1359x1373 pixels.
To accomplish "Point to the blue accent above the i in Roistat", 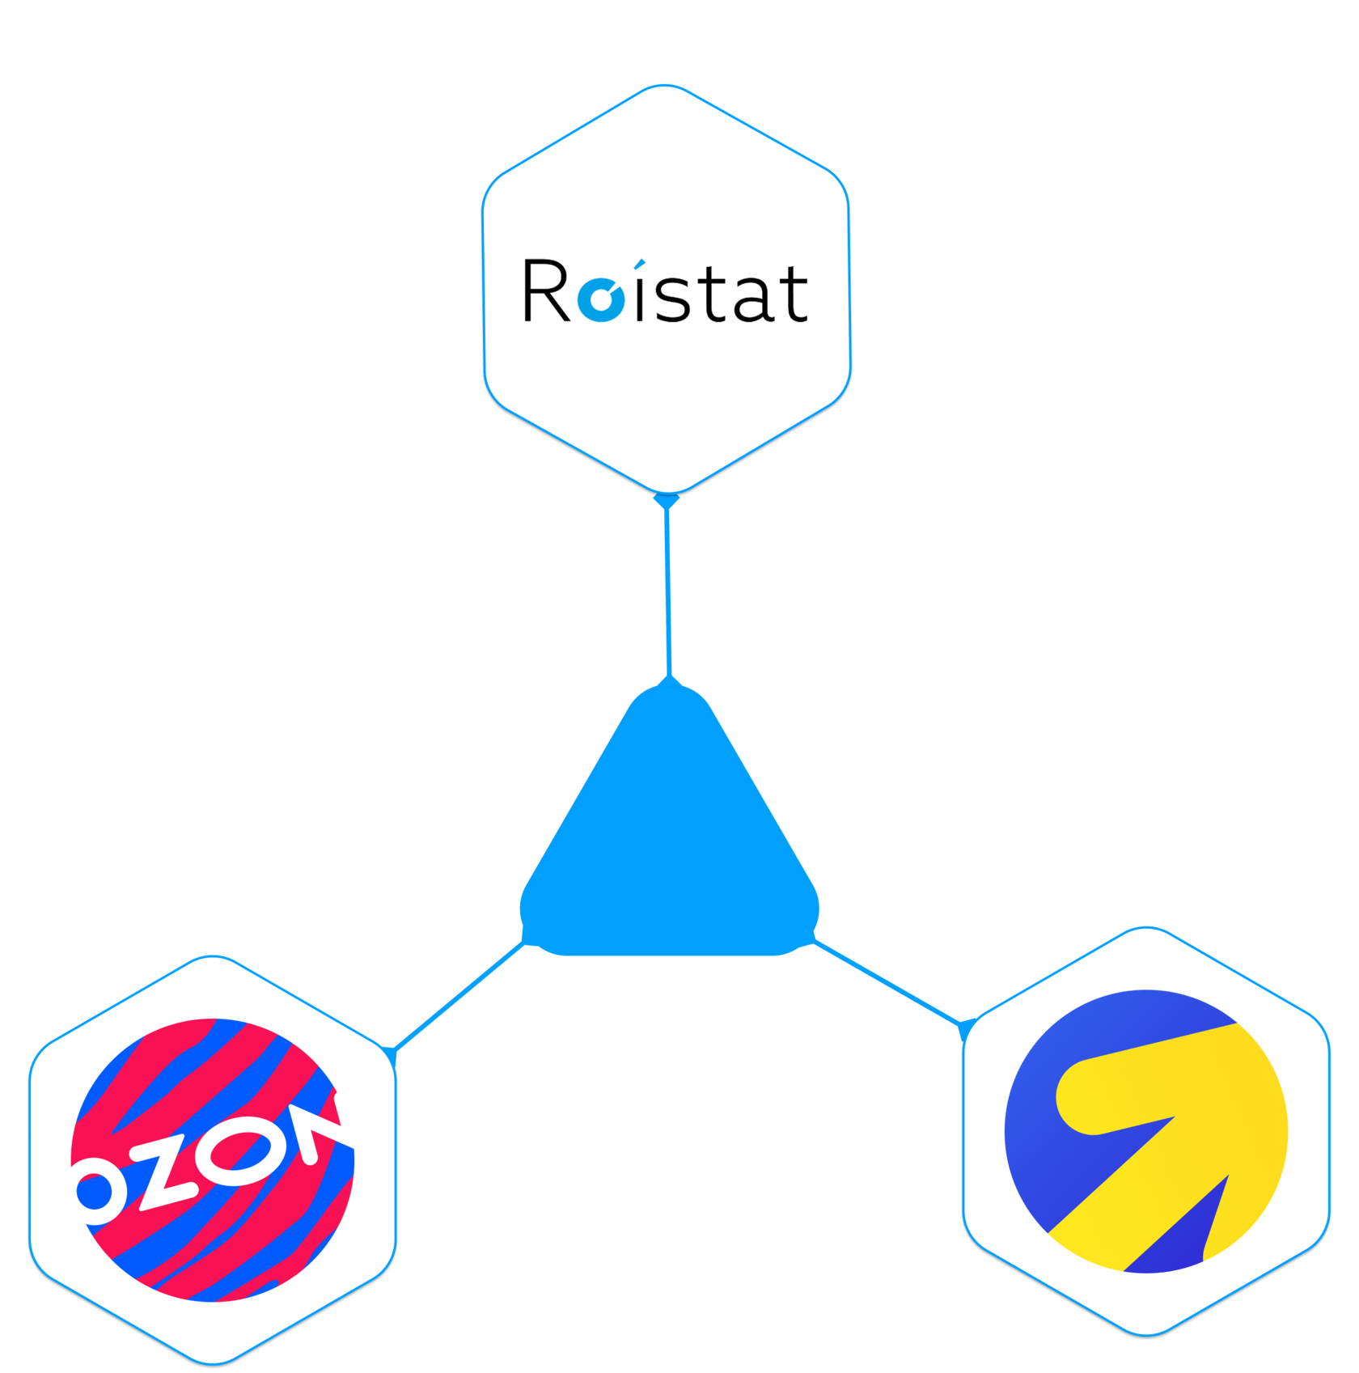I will pos(638,265).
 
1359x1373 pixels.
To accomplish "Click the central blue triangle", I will pos(669,841).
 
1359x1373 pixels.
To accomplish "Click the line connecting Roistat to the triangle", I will pos(667,591).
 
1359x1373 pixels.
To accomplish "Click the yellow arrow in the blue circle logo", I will pos(1173,1133).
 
